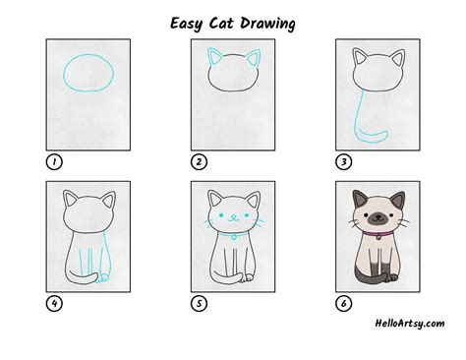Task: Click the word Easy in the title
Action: click(x=186, y=24)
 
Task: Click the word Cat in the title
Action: click(x=221, y=24)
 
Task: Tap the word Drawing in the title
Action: click(x=267, y=24)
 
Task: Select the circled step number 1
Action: click(x=54, y=161)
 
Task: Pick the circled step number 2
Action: click(x=199, y=161)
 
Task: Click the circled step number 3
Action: click(x=344, y=161)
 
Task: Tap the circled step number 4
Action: click(x=54, y=303)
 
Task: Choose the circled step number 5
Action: click(x=199, y=303)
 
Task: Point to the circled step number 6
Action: click(x=344, y=303)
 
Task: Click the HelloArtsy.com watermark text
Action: click(x=410, y=324)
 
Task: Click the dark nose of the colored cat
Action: click(x=378, y=216)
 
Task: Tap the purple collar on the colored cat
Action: click(x=378, y=234)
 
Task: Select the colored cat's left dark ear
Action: click(x=360, y=199)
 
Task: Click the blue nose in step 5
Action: click(x=233, y=216)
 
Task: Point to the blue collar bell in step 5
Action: click(x=233, y=237)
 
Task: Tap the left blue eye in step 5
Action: click(x=221, y=215)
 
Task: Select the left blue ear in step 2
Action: click(x=214, y=56)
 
